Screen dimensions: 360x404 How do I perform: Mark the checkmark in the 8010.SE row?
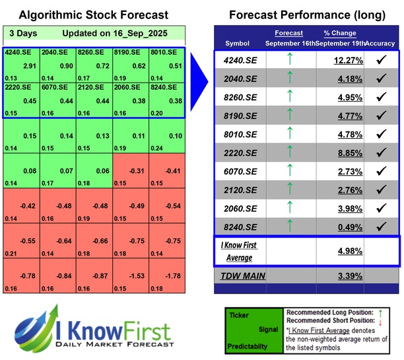point(381,135)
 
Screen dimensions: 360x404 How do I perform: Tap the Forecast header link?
point(288,33)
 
